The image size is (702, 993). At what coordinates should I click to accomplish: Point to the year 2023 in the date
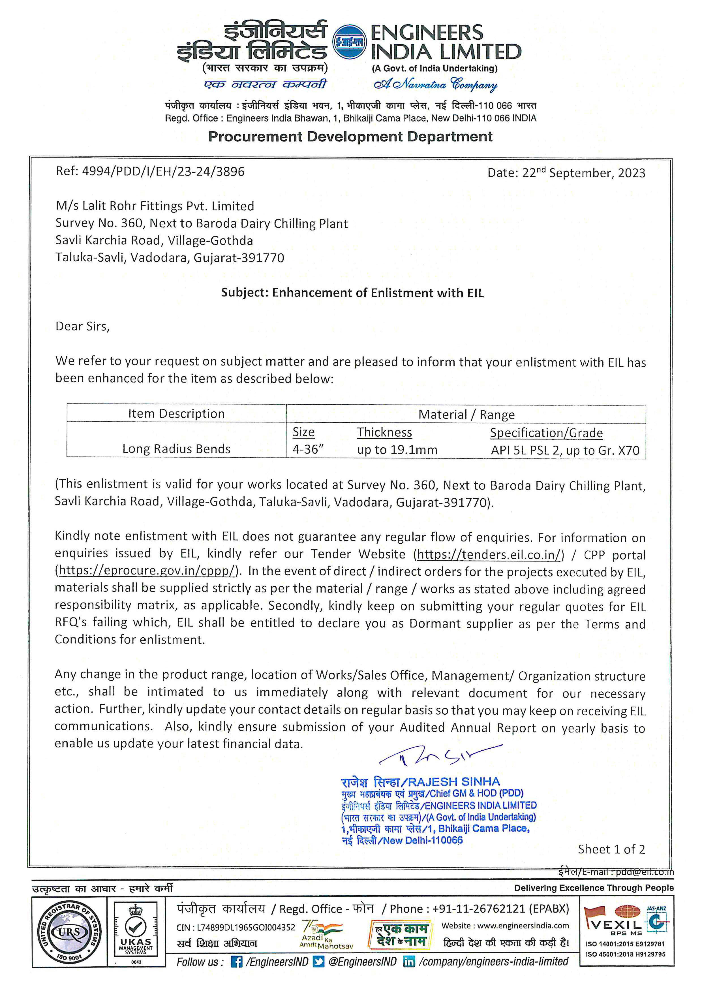pos(631,173)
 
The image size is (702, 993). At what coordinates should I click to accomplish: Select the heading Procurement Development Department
pos(350,137)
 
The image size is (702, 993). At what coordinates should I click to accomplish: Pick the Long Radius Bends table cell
pos(176,449)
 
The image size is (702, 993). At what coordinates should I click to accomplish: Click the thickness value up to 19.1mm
pos(397,450)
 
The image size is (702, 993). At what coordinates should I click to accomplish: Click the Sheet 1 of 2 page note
pos(611,849)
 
